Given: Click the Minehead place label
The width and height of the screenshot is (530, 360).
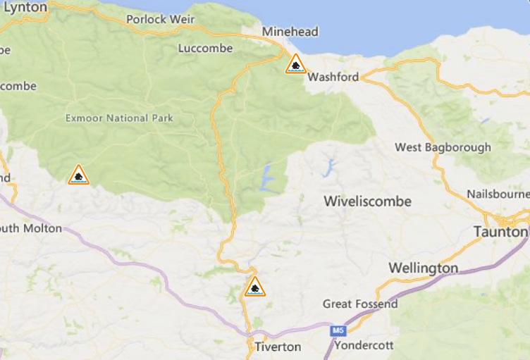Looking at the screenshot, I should (x=290, y=32).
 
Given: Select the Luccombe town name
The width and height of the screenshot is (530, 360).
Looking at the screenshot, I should (x=205, y=48).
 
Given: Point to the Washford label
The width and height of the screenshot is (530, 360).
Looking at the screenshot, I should (x=333, y=77).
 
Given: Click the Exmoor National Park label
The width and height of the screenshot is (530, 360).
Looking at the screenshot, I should (x=119, y=118).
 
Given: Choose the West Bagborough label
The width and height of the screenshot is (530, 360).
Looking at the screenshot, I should (x=443, y=147).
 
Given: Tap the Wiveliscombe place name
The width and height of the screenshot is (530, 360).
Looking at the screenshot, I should (x=367, y=201).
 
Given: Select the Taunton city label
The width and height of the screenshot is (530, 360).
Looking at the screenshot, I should (x=500, y=232).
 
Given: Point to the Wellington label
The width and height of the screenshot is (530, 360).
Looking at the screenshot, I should (x=423, y=268).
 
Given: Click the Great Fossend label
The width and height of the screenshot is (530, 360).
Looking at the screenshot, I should (x=359, y=304).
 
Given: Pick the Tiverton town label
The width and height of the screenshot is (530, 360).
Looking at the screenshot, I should (x=278, y=347).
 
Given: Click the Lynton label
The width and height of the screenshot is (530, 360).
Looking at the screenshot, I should (x=25, y=7).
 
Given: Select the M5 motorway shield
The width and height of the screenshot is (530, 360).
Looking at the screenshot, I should (x=338, y=329).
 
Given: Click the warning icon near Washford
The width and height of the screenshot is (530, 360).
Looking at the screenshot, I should (x=295, y=65).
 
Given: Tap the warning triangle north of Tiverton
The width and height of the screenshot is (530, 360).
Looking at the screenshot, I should (x=254, y=287).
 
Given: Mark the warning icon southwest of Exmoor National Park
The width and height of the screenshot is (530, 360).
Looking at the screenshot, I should (x=79, y=175).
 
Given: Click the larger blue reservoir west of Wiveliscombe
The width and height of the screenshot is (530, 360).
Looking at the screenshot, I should (x=266, y=177).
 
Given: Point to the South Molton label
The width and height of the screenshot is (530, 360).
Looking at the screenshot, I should (x=31, y=228).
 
